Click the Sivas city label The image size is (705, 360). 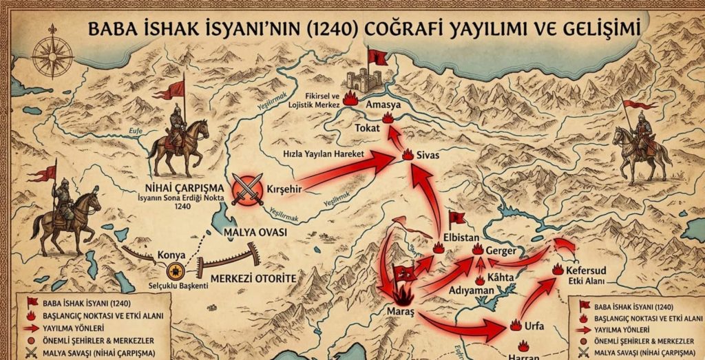coord(428,156)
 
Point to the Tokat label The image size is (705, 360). coord(367,129)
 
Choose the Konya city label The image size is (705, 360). coord(171,254)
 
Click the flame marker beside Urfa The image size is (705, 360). coord(516,324)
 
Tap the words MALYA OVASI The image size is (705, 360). coord(255,232)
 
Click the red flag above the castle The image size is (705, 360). coord(377,56)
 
